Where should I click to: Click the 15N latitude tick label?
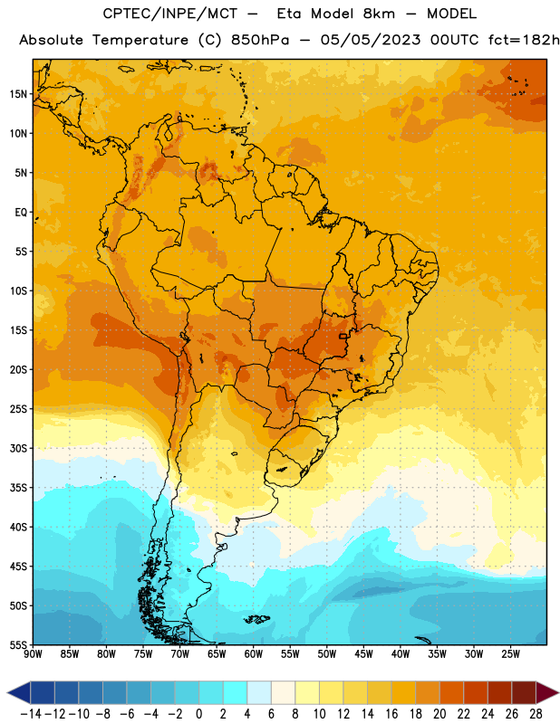[x=18, y=94]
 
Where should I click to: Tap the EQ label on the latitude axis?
[x=21, y=213]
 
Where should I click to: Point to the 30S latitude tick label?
[x=18, y=448]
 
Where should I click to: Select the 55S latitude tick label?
[x=18, y=644]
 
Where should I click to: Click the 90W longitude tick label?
[x=33, y=654]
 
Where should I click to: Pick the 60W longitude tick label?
[x=254, y=654]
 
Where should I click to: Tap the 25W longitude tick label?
[x=510, y=654]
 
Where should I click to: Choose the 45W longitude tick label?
[x=363, y=654]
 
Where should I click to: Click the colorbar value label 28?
[x=536, y=714]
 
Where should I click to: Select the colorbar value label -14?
[x=31, y=714]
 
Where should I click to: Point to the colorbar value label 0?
[x=198, y=714]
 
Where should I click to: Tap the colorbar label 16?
[x=391, y=714]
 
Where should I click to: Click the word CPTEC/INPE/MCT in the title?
[x=169, y=14]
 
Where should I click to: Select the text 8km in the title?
[x=379, y=14]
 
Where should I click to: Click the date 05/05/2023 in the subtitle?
[x=371, y=40]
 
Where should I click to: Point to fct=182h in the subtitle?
[x=524, y=40]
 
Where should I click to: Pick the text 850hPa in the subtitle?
[x=260, y=40]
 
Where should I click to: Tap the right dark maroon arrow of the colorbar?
[x=546, y=692]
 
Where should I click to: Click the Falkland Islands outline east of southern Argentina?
[x=256, y=619]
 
